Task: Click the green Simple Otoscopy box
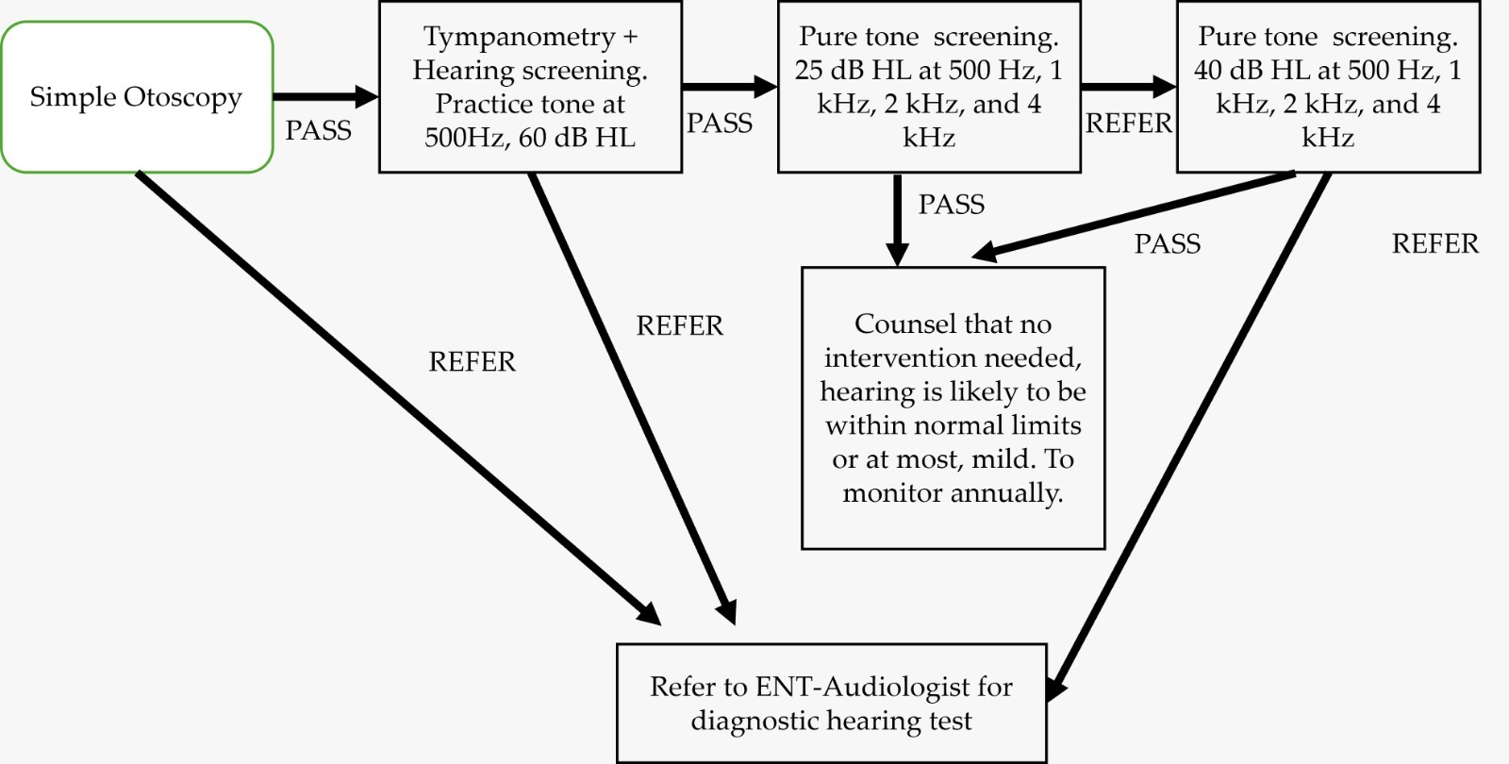coord(137,97)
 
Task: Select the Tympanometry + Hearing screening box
coord(530,87)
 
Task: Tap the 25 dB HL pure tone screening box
coord(929,87)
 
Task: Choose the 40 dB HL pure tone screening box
coord(1328,87)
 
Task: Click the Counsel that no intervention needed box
coord(953,407)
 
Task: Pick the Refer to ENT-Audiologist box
coord(831,704)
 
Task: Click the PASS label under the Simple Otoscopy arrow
coord(319,130)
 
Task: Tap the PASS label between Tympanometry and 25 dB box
coord(720,124)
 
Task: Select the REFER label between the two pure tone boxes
coord(1128,124)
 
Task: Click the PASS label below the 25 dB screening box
coord(951,205)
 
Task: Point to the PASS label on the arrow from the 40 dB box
coord(1167,244)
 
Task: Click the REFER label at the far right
coord(1434,244)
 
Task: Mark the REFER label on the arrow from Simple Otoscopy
coord(472,362)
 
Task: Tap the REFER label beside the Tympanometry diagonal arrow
coord(679,326)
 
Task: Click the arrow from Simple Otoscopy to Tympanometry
coord(325,96)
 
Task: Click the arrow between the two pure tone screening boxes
coord(1128,88)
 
